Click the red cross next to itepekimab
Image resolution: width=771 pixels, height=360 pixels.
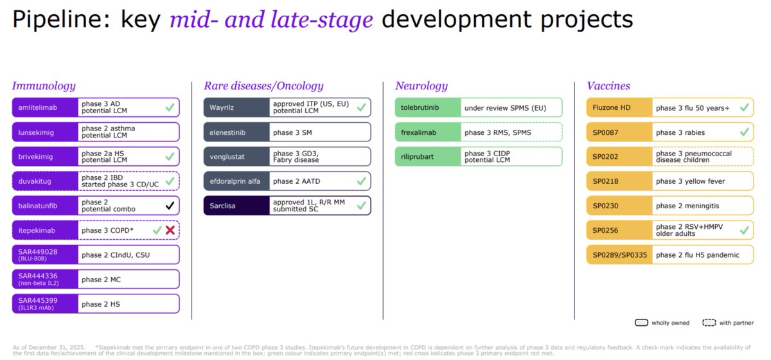pos(170,230)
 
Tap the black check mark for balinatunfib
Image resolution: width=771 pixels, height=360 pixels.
pos(170,206)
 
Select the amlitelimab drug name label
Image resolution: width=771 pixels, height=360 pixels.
pos(37,107)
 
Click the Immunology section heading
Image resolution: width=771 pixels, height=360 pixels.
pos(44,85)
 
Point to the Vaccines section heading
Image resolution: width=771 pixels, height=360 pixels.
pos(608,85)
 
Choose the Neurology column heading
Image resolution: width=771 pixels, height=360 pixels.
pos(421,85)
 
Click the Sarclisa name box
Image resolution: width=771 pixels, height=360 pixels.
pos(236,206)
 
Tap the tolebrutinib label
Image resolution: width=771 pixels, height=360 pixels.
pos(420,107)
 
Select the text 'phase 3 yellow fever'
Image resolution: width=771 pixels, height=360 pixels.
pos(690,181)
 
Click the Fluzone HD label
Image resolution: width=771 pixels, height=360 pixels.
pos(611,107)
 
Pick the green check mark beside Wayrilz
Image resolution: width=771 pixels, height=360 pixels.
pos(361,107)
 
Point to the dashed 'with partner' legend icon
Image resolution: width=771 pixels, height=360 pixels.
pos(709,323)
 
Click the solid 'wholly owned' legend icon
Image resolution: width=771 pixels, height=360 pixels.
pos(642,323)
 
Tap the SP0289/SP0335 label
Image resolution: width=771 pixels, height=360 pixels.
pos(619,255)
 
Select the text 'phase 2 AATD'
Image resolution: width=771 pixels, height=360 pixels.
pos(296,181)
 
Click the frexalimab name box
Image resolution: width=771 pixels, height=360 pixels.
pos(428,132)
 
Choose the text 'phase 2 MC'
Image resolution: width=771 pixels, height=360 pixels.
pos(101,280)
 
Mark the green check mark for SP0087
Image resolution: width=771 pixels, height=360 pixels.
pos(744,132)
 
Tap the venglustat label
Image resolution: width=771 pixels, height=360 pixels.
pos(227,157)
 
